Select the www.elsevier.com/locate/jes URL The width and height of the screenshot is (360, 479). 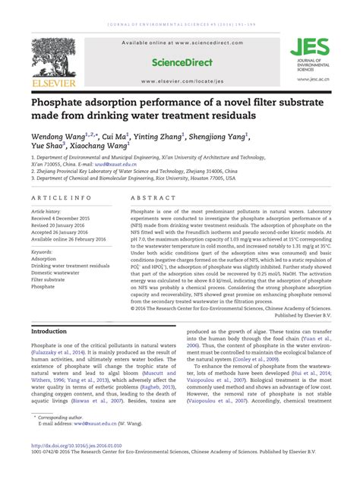pos(180,78)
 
